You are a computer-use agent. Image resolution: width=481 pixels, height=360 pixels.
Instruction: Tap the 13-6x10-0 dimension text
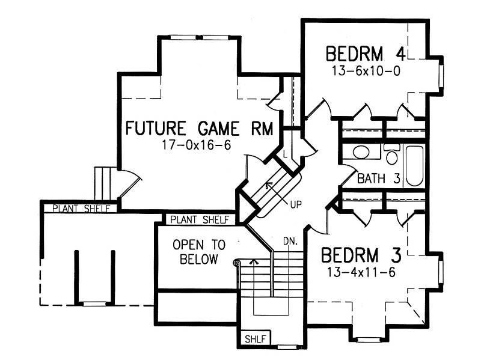click(366, 70)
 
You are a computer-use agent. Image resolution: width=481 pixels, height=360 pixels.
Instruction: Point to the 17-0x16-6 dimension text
click(197, 145)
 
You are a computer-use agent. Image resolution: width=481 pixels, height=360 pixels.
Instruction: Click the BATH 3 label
click(378, 178)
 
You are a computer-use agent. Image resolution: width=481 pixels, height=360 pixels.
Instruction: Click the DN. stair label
click(291, 242)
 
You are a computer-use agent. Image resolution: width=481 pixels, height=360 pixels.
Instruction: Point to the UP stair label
click(296, 204)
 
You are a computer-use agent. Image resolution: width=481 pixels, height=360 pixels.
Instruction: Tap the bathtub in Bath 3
click(414, 165)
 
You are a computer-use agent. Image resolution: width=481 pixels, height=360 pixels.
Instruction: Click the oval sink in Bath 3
click(361, 152)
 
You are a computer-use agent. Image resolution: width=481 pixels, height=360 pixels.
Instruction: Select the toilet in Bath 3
click(391, 155)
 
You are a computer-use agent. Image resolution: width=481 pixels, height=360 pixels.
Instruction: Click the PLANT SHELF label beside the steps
click(81, 209)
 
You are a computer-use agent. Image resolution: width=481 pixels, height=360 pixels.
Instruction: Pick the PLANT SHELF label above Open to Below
click(199, 219)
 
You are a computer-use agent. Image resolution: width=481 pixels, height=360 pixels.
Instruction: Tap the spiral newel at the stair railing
click(236, 262)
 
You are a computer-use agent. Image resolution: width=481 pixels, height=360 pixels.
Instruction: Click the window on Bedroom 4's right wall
click(441, 74)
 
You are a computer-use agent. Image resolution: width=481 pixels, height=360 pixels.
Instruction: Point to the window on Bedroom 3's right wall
click(441, 267)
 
